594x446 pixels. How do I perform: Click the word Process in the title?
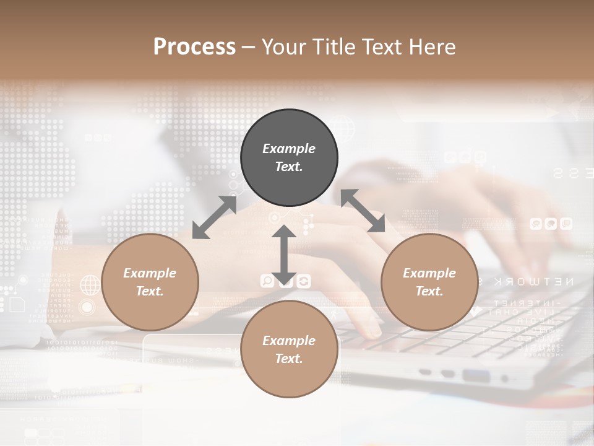(194, 47)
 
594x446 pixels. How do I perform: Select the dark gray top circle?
(289, 158)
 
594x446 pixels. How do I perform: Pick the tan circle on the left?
(150, 282)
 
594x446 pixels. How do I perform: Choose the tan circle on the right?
(429, 282)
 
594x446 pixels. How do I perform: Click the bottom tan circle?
(289, 349)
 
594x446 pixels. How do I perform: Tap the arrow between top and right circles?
(364, 211)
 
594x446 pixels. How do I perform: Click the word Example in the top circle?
(289, 149)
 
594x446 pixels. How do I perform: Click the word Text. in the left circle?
(150, 291)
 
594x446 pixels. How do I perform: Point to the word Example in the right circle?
(429, 273)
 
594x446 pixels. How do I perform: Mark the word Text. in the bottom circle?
(289, 359)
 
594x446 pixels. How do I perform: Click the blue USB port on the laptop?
(475, 375)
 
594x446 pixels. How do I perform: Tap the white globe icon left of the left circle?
(90, 286)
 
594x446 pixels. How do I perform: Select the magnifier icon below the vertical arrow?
(267, 282)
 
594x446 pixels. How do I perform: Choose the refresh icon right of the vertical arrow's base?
(303, 282)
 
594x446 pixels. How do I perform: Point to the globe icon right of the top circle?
(343, 129)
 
